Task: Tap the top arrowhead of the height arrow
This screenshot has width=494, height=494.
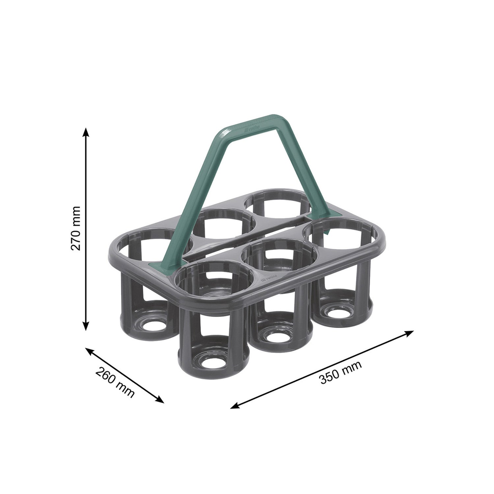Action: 86,131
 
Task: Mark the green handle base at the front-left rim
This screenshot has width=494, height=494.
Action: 163,264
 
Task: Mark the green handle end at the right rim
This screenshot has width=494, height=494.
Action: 324,221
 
